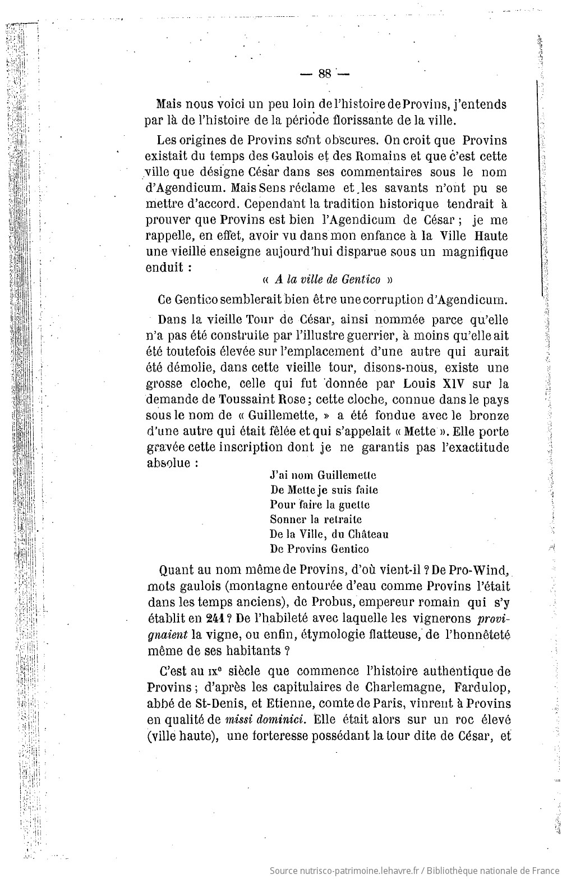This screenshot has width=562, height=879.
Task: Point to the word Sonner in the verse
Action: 288,519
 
